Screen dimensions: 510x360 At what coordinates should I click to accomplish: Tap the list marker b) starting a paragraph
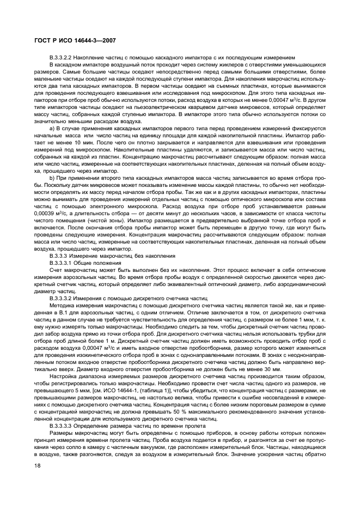tap(52, 179)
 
